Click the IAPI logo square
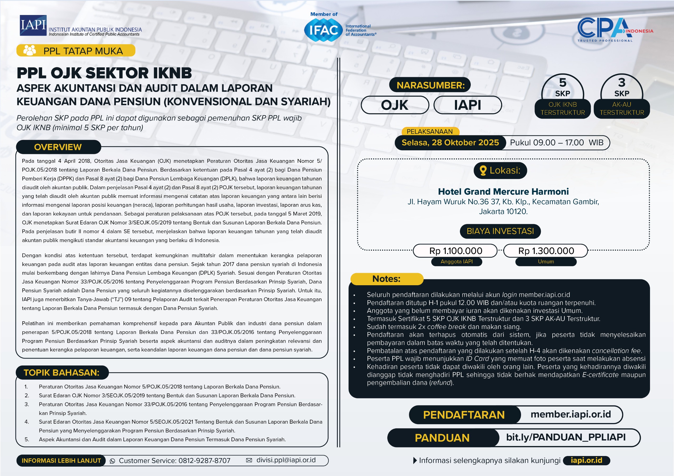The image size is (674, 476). tap(33, 25)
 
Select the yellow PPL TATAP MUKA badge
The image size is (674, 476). tap(76, 51)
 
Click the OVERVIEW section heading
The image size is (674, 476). tap(58, 147)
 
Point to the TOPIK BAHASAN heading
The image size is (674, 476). tap(62, 372)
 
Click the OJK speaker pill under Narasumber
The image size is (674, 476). tap(395, 105)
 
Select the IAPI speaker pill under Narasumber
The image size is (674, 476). tap(467, 105)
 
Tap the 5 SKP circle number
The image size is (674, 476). tap(562, 83)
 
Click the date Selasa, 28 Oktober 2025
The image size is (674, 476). tap(450, 143)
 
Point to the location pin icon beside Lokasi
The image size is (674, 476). tap(483, 171)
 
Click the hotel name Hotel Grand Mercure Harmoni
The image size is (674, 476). tap(503, 192)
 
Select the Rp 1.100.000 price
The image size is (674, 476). tap(455, 251)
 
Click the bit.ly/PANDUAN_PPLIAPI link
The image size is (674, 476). tap(566, 437)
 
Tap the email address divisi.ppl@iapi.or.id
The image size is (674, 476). tap(286, 460)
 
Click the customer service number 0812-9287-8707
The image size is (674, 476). tap(204, 461)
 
